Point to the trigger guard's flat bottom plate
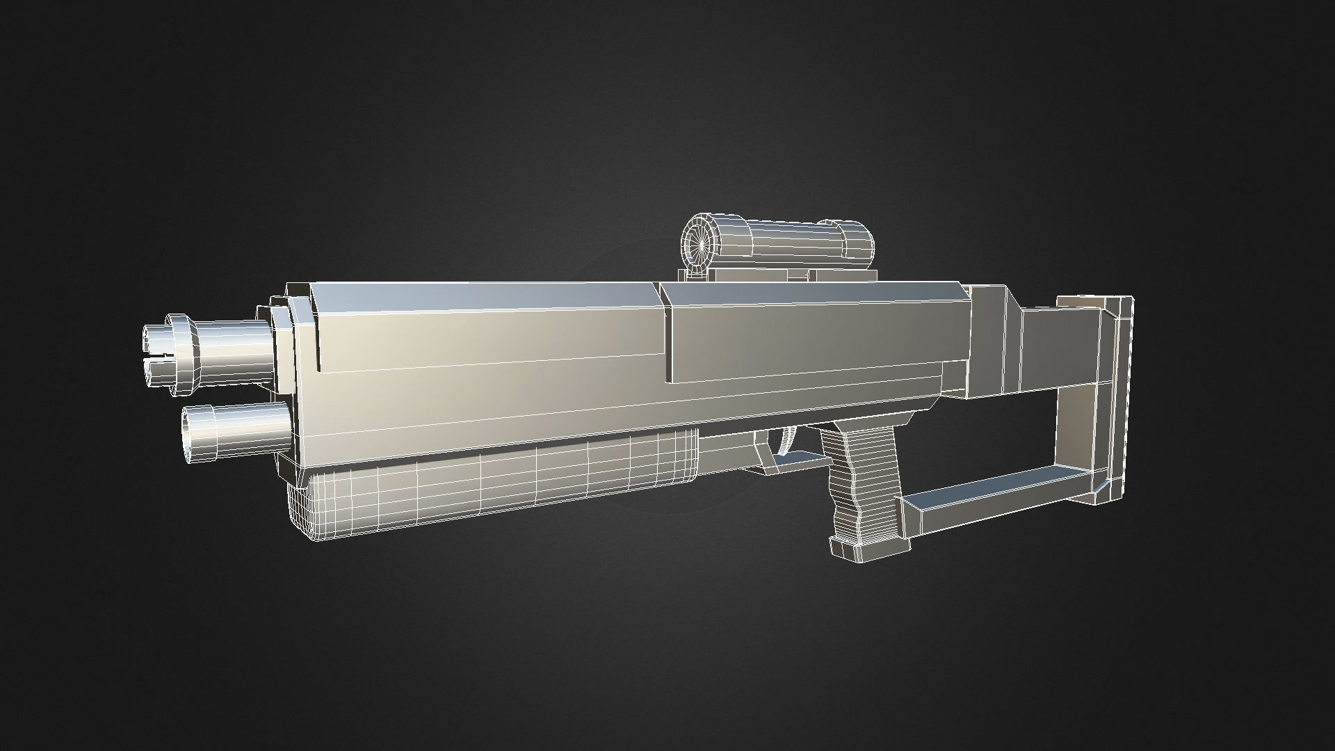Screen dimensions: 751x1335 click(800, 460)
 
